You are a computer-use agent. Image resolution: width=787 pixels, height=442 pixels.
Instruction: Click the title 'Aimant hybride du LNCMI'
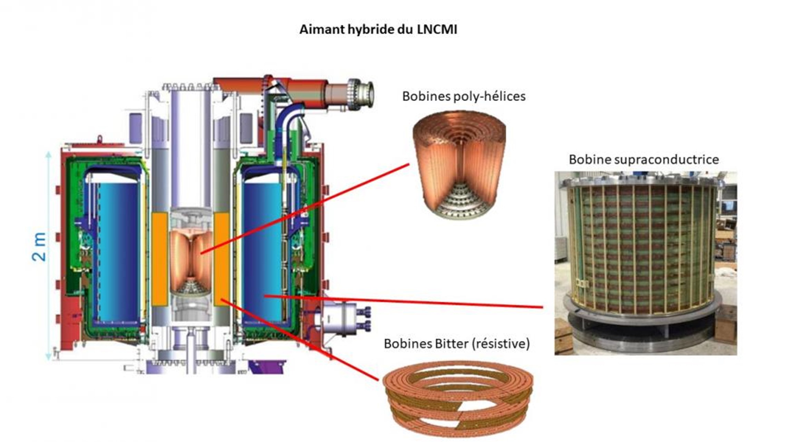coord(378,30)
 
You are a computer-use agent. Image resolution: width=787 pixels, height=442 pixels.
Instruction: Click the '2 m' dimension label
coord(39,247)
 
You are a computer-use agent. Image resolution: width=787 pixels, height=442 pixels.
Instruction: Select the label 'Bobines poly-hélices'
coord(464,96)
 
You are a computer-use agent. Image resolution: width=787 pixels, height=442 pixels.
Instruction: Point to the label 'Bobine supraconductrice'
coord(644,159)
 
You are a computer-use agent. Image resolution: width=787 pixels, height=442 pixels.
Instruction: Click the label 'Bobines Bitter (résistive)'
coord(456,344)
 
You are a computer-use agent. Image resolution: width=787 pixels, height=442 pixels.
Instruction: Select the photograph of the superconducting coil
coord(645,262)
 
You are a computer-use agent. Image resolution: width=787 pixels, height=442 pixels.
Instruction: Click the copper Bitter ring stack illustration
coord(457,397)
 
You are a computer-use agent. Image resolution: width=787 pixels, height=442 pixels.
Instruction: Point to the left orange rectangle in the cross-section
coord(160,259)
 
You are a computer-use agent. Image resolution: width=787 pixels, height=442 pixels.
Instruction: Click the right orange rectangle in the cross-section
coord(222,259)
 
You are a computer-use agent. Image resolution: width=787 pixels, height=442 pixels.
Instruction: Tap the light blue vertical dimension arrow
coord(49,255)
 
